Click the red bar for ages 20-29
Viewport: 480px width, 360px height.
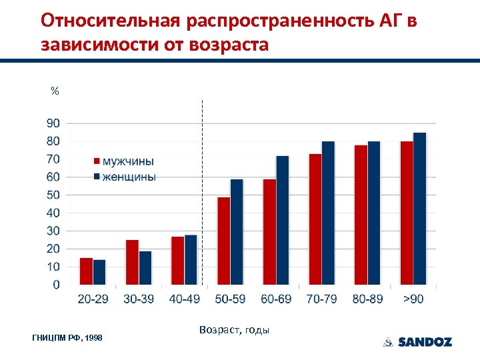click(x=86, y=271)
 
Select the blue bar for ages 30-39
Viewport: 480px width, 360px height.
click(x=145, y=268)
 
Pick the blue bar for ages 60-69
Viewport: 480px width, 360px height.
click(x=283, y=220)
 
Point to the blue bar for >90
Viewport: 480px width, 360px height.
click(x=419, y=209)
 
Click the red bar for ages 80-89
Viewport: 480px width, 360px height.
click(x=361, y=215)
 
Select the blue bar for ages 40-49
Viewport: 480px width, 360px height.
click(x=191, y=260)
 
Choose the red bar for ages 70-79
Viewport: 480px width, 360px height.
click(x=315, y=219)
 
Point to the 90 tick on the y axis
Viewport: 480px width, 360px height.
click(x=52, y=123)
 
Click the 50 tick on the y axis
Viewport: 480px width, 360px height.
click(x=52, y=195)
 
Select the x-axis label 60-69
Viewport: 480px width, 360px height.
click(x=276, y=299)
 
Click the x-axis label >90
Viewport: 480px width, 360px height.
click(x=413, y=299)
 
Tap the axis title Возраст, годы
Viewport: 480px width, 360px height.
click(x=234, y=330)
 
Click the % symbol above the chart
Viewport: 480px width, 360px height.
click(x=55, y=91)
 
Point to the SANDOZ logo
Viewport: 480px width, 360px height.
click(x=417, y=342)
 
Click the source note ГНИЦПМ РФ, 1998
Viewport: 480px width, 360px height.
click(x=67, y=339)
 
